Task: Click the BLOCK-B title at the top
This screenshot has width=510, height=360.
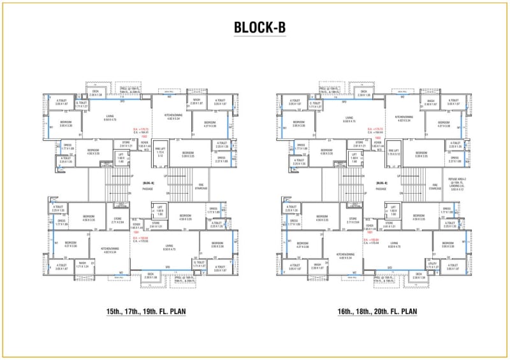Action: tap(255, 27)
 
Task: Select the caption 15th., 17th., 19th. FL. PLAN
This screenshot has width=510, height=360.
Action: tap(145, 312)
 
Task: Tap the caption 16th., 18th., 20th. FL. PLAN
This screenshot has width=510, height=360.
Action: tap(377, 312)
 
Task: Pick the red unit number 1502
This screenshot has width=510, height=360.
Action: tap(145, 136)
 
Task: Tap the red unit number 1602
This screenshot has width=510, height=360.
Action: tap(377, 136)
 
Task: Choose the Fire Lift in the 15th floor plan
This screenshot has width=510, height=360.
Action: tap(161, 154)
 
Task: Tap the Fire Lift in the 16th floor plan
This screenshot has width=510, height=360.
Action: tap(393, 154)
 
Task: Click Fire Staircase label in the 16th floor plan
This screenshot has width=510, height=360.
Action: tap(435, 187)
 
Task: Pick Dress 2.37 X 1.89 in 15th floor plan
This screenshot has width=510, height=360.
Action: tap(221, 160)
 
